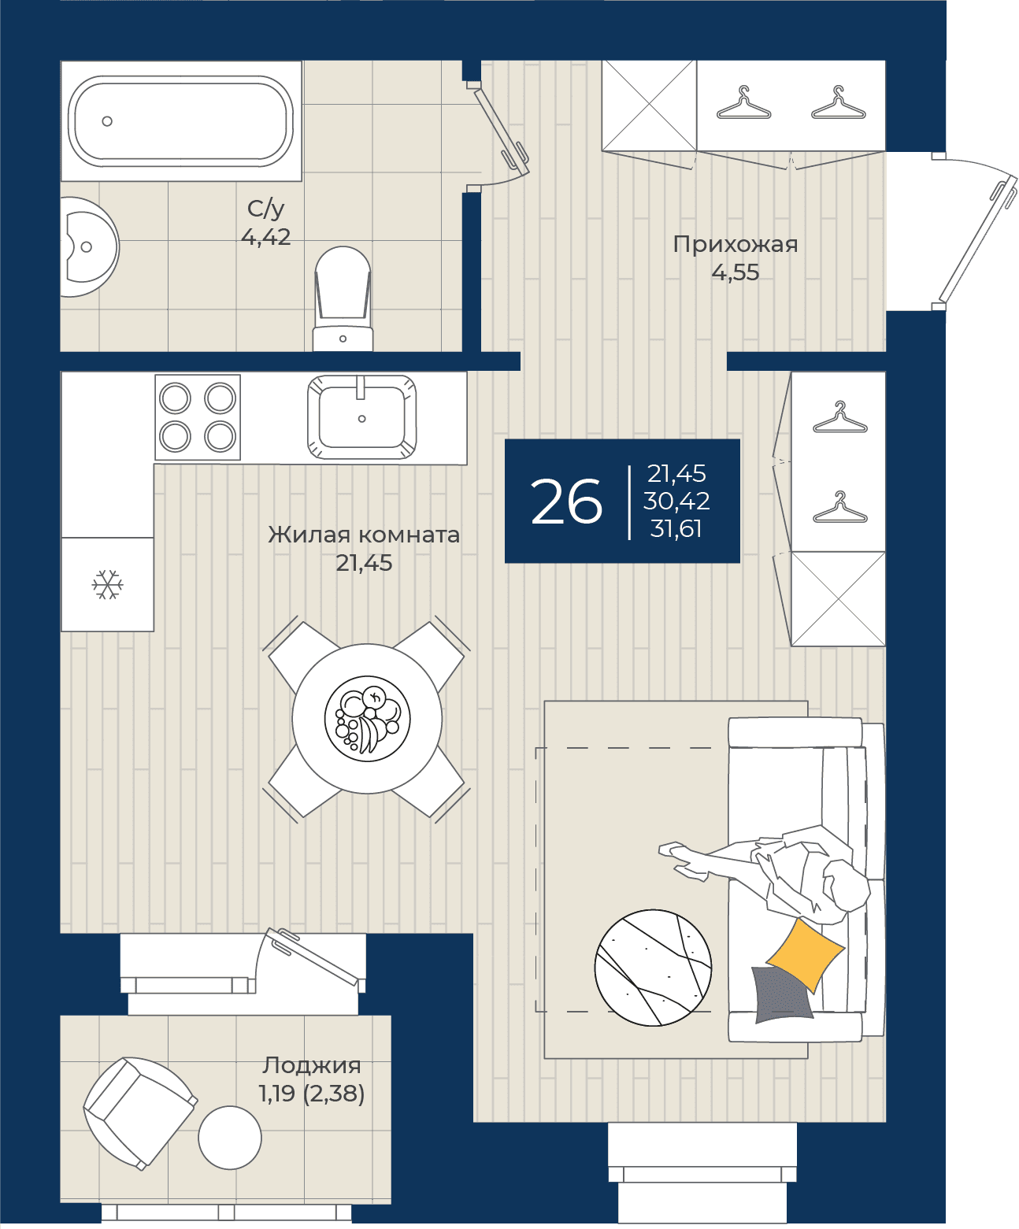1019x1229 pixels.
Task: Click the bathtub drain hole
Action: [107, 121]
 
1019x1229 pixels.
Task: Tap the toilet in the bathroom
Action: [343, 298]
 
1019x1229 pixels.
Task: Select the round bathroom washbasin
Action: [89, 246]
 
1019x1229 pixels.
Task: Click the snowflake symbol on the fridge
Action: [108, 584]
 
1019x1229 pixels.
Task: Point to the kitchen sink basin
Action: [361, 416]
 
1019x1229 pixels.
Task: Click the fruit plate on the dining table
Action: [367, 718]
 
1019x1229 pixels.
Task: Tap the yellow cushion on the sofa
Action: [806, 955]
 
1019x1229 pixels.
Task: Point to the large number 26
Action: [566, 501]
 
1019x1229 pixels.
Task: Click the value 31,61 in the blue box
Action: [676, 528]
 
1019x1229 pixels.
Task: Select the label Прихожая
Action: [736, 244]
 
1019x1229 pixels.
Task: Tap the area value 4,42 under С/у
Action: [265, 237]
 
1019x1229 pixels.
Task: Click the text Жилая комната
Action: [364, 535]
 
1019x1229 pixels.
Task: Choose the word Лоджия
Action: [311, 1065]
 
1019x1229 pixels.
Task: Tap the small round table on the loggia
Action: [230, 1137]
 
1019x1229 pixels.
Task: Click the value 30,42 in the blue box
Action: [676, 501]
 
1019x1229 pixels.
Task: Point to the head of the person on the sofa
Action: [846, 886]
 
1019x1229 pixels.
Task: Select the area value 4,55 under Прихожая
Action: [736, 272]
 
